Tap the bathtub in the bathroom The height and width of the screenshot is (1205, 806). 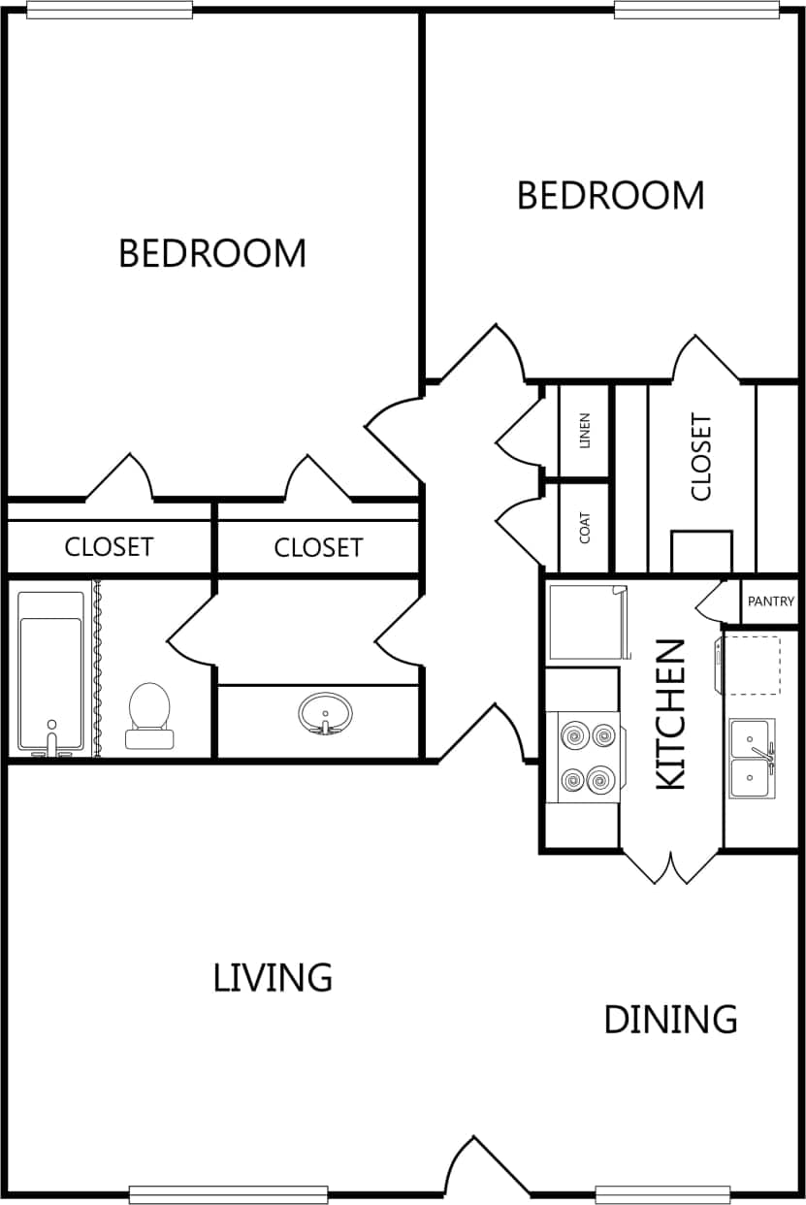50,672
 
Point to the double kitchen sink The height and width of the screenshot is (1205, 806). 752,758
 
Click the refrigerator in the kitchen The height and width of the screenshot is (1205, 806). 584,622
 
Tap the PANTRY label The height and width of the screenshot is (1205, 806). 771,602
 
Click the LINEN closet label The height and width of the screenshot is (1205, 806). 584,432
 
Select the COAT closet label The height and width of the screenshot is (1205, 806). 584,527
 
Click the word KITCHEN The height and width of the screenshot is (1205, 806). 671,713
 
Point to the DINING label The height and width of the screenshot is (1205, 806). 670,1020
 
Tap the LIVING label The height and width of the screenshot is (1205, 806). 273,977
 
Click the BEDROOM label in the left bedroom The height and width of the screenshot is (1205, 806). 211,253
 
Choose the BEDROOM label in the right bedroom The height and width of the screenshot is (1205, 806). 610,195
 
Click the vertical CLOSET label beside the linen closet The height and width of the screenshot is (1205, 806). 700,457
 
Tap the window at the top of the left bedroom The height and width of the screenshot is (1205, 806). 110,10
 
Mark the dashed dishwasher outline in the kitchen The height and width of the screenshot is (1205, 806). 753,666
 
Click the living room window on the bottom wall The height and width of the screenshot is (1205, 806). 228,1194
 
